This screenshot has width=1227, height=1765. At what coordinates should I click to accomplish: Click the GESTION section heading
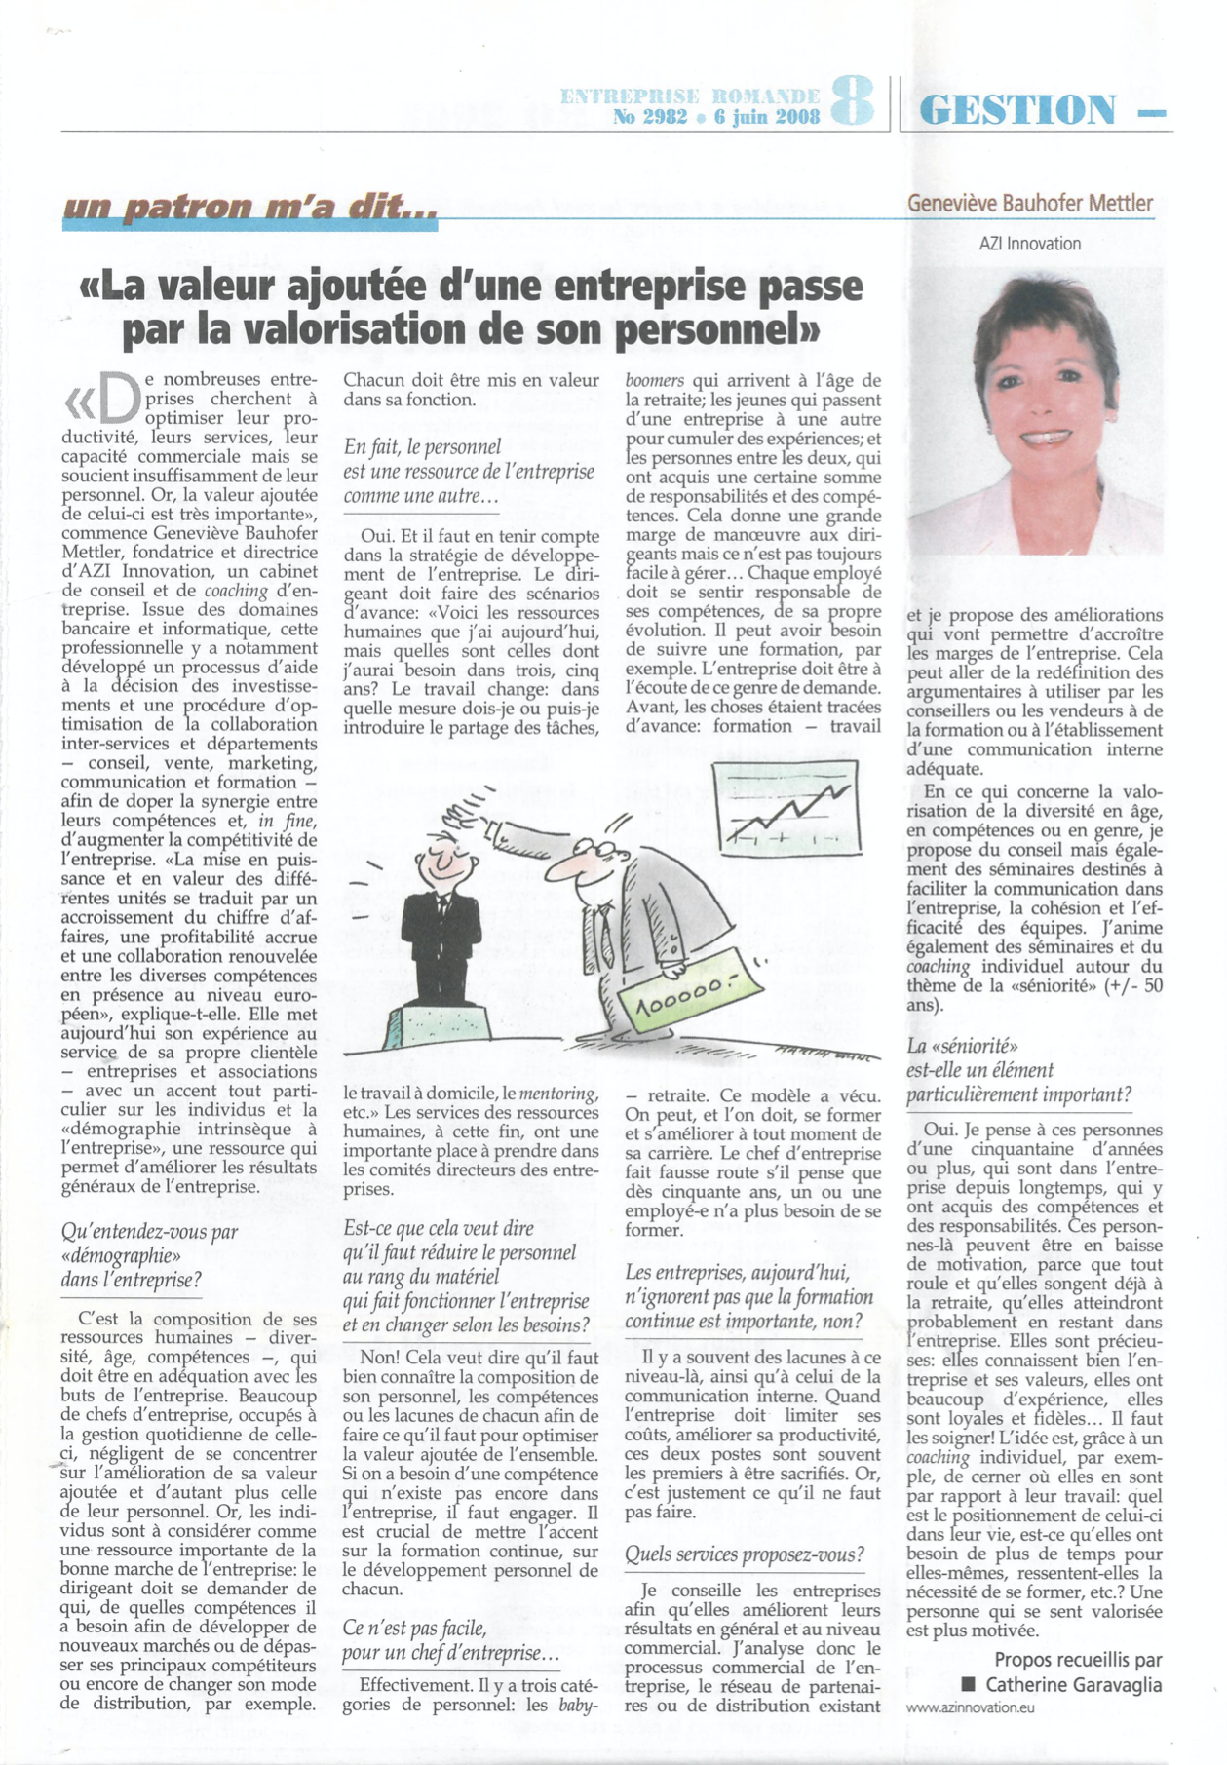click(1017, 109)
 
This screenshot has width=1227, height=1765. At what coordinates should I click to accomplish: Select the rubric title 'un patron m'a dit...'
click(249, 208)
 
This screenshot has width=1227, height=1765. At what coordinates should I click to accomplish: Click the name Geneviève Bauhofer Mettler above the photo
click(1029, 204)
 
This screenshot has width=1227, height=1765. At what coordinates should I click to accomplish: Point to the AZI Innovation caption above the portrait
click(1029, 244)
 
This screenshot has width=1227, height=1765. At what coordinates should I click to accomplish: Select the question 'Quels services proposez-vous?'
click(744, 1554)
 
